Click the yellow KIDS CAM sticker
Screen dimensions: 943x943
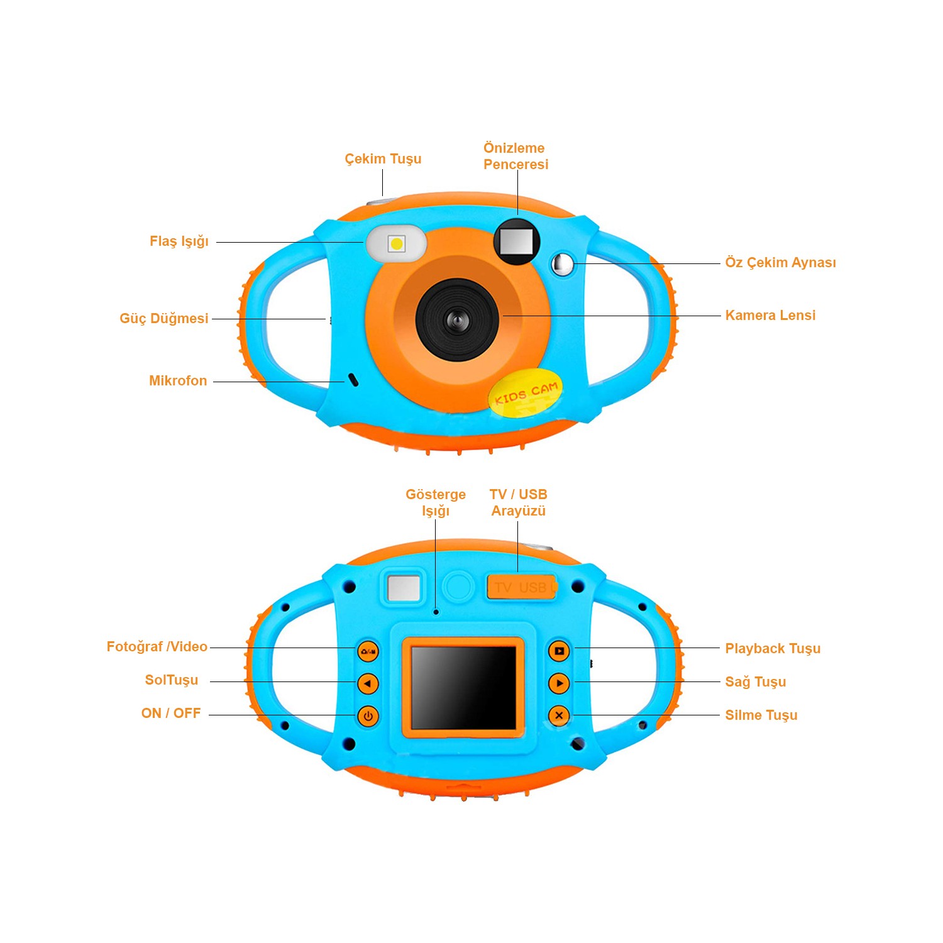pos(526,393)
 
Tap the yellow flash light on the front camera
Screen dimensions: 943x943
pos(397,243)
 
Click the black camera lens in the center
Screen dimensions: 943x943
pos(458,320)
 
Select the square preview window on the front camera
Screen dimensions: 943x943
pos(517,241)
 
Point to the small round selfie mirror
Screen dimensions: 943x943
pos(563,264)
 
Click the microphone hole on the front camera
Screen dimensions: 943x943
pos(353,380)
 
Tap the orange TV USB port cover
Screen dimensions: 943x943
pos(522,587)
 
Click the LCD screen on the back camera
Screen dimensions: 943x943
pos(463,687)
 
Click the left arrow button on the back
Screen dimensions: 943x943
pos(368,683)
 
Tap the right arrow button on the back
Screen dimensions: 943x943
pos(559,683)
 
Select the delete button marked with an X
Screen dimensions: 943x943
pos(559,715)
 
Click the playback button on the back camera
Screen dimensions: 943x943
pos(559,651)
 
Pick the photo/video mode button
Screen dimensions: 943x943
pos(368,651)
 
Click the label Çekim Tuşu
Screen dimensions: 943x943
pos(383,159)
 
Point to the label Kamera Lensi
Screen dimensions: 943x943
pos(770,315)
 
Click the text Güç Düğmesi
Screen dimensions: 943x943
pos(164,318)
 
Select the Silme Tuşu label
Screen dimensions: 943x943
pos(761,715)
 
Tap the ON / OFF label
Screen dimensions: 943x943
pos(171,714)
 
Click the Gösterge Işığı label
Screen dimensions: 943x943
pos(436,503)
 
